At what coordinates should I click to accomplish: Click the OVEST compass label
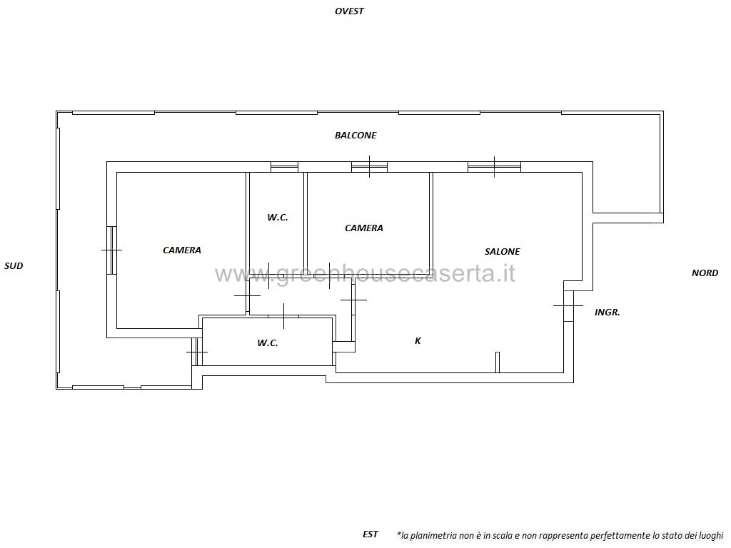tap(349, 11)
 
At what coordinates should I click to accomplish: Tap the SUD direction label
tap(14, 266)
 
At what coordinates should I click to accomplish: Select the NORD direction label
tap(705, 273)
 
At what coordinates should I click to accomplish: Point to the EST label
tap(370, 534)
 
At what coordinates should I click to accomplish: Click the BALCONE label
tap(356, 135)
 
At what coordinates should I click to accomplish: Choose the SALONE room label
tap(502, 252)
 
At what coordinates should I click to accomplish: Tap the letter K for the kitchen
tap(418, 340)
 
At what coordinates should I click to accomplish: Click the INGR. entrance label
tap(608, 313)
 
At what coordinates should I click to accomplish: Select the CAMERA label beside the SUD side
tap(182, 250)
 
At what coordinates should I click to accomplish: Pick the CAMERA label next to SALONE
tap(364, 228)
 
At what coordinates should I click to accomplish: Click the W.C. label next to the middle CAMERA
tap(278, 217)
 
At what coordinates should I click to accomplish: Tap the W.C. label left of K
tap(268, 343)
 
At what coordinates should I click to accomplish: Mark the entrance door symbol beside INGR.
tap(568, 305)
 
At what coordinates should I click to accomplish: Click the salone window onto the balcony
tap(494, 166)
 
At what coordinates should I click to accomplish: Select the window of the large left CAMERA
tap(111, 250)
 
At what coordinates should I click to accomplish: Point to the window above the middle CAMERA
tap(369, 166)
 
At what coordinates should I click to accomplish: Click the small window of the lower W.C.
tap(197, 352)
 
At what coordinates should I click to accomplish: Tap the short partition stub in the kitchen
tap(498, 362)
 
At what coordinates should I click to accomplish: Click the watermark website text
tap(365, 273)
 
